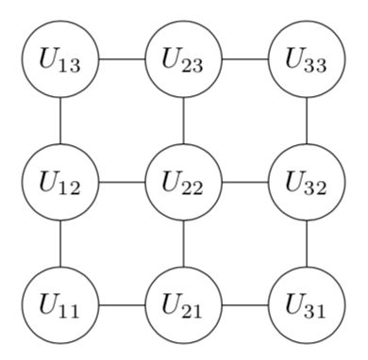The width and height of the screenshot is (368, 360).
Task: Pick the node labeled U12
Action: point(60,182)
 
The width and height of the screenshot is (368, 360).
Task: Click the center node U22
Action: point(184,182)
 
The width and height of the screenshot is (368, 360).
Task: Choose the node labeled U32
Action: point(307,182)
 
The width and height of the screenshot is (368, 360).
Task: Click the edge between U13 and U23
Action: point(122,58)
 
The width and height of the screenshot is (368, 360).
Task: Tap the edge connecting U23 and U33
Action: point(245,58)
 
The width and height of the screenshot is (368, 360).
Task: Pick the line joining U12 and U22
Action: point(122,182)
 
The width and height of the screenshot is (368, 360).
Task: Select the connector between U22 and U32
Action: point(245,182)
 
